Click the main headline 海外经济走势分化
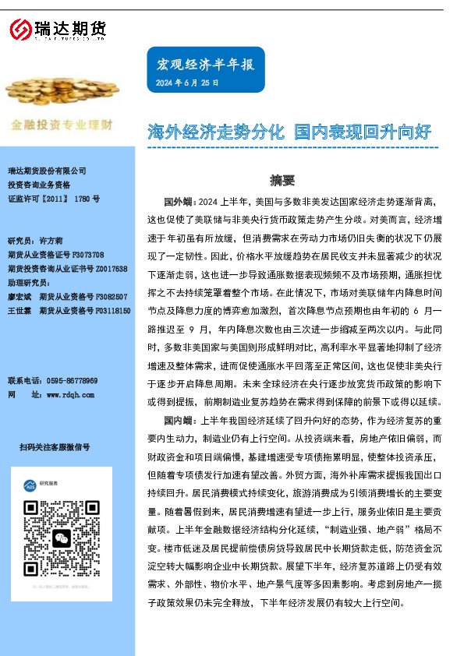tap(215, 131)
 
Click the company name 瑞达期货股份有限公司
tap(47, 171)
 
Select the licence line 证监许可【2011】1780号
tap(54, 199)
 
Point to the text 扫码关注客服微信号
tap(55, 446)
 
